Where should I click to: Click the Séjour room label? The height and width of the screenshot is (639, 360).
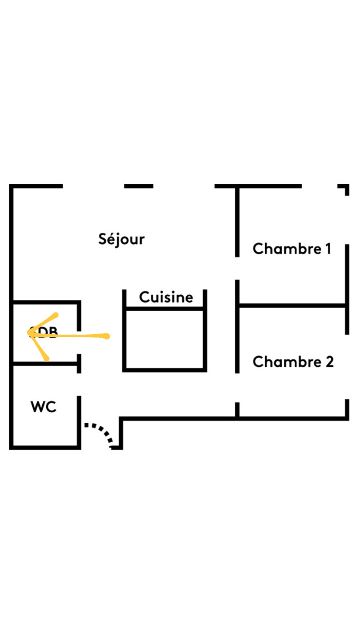coord(121,239)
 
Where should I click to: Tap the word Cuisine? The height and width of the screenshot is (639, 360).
coord(166,297)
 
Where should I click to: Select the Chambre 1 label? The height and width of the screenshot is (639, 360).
coord(292,249)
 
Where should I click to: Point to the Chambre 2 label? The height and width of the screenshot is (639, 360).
coord(293,362)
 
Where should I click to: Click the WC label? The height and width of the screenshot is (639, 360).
coord(43,407)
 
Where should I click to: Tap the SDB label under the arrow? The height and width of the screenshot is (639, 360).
coord(45,333)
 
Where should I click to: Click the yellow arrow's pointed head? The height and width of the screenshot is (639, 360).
coord(30,333)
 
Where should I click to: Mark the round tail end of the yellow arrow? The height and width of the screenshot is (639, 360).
coord(105,336)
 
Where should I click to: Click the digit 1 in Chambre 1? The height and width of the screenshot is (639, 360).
coord(327,249)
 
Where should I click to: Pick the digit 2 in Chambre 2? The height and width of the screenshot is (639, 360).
coord(329,362)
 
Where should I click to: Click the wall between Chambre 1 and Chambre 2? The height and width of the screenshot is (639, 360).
coord(292,305)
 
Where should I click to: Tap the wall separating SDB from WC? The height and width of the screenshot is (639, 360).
coord(45,364)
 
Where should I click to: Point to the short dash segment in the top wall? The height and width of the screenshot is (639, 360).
coord(138,186)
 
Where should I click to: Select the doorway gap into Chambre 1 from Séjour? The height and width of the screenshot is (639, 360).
coord(237,268)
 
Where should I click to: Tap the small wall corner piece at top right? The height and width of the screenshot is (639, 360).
coord(346,188)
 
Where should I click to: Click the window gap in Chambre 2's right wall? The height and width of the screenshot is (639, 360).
coord(346,366)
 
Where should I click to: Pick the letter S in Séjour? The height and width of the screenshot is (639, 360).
coord(102,239)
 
